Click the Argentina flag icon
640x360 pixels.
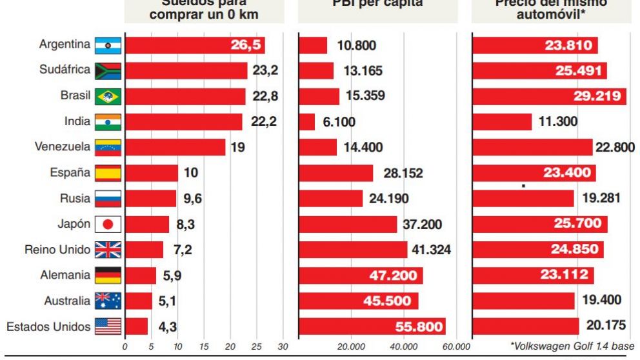pyautogui.click(x=108, y=45)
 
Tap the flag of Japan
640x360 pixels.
pyautogui.click(x=108, y=224)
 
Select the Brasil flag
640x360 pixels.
pyautogui.click(x=108, y=96)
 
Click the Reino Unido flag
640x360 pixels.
pyautogui.click(x=108, y=250)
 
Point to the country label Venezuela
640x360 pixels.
pyautogui.click(x=62, y=147)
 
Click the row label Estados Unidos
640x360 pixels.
pyautogui.click(x=48, y=326)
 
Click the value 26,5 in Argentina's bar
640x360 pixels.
pyautogui.click(x=246, y=45)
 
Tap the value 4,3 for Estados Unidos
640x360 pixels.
pyautogui.click(x=168, y=327)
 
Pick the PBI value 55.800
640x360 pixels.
pyautogui.click(x=419, y=327)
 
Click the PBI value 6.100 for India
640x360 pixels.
pyautogui.click(x=339, y=122)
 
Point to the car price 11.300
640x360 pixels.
pyautogui.click(x=558, y=122)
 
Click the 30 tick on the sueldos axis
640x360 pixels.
pyautogui.click(x=283, y=347)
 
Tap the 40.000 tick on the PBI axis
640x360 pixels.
pyautogui.click(x=404, y=347)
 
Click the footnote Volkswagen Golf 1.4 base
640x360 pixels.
pyautogui.click(x=572, y=346)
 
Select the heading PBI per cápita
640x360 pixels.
pyautogui.click(x=386, y=3)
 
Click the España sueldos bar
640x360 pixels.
pyautogui.click(x=151, y=173)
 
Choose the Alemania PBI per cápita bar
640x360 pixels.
pyautogui.click(x=361, y=275)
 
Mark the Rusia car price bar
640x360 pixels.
pyautogui.click(x=523, y=198)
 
